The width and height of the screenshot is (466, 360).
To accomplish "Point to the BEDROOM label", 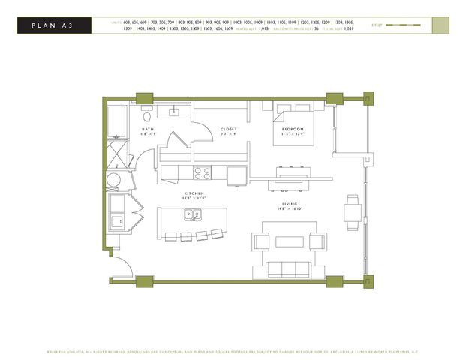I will click(293, 130).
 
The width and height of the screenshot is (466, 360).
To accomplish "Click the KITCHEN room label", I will click(194, 194).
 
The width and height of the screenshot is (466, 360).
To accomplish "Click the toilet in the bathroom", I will click(147, 116).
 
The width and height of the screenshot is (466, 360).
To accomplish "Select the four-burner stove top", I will click(203, 173).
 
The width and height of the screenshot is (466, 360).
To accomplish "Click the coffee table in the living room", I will click(288, 241).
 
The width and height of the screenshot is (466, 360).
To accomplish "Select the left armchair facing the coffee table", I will click(260, 241).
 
